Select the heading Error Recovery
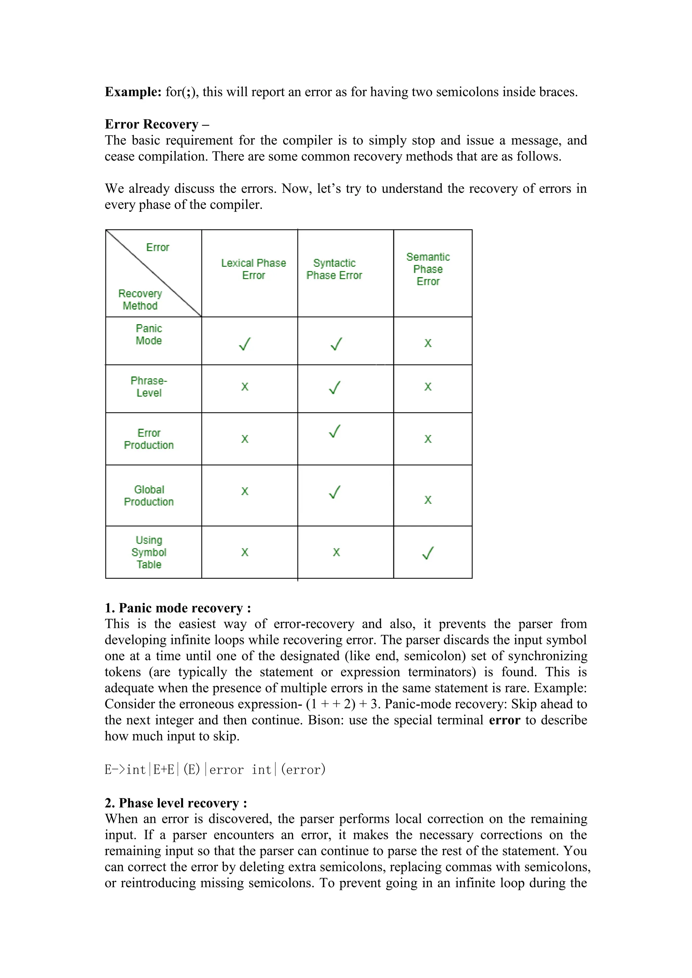pyautogui.click(x=152, y=124)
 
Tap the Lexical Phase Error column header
pyautogui.click(x=253, y=269)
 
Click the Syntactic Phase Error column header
pyautogui.click(x=334, y=269)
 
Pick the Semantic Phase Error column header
pyautogui.click(x=428, y=269)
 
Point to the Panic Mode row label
pyautogui.click(x=149, y=335)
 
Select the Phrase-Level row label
pyautogui.click(x=149, y=387)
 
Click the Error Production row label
pyautogui.click(x=149, y=439)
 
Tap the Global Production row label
pyautogui.click(x=149, y=496)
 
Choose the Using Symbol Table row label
pyautogui.click(x=149, y=552)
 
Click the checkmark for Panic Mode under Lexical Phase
pyautogui.click(x=245, y=344)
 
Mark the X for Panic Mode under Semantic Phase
pyautogui.click(x=428, y=343)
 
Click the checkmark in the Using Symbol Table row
pyautogui.click(x=427, y=553)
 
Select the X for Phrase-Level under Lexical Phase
pyautogui.click(x=245, y=387)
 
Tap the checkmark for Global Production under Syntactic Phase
pyautogui.click(x=335, y=492)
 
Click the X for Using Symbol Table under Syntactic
pyautogui.click(x=336, y=552)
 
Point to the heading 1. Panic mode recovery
pyautogui.click(x=178, y=608)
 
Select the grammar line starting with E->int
pyautogui.click(x=215, y=770)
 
